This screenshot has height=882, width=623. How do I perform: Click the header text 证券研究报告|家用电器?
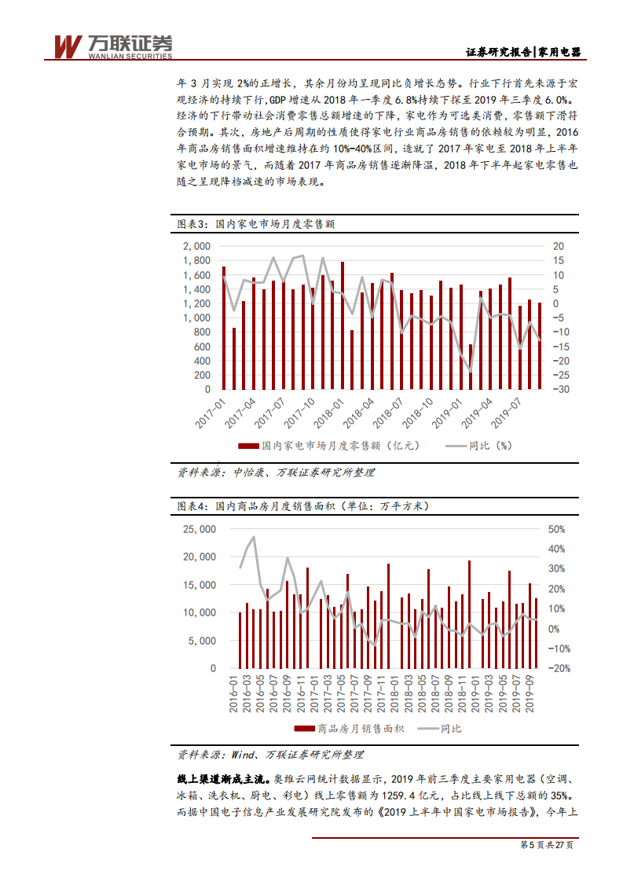pyautogui.click(x=523, y=52)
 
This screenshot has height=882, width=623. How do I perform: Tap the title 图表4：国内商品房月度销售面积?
pyautogui.click(x=302, y=505)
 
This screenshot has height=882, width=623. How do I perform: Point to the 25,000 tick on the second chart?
pyautogui.click(x=199, y=528)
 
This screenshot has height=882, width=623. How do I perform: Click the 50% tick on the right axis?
pyautogui.click(x=556, y=528)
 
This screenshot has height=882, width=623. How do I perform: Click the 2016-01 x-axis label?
pyautogui.click(x=233, y=693)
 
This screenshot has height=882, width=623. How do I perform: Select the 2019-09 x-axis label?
pyautogui.click(x=531, y=693)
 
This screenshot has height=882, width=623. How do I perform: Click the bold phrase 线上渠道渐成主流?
pyautogui.click(x=222, y=780)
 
